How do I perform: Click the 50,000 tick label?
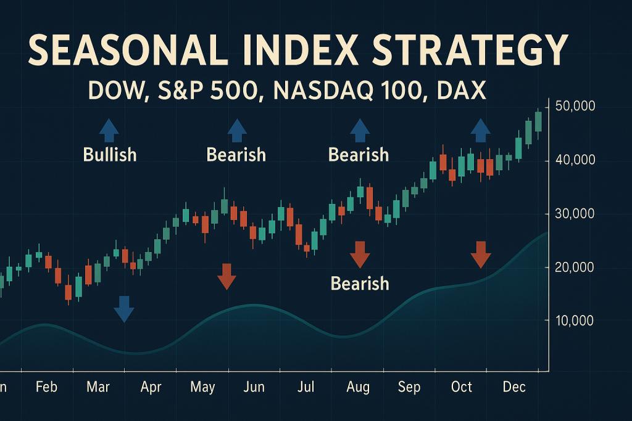[575, 106]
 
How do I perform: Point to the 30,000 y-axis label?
[575, 214]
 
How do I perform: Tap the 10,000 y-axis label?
[575, 321]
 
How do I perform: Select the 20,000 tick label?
[575, 268]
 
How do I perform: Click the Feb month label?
[46, 387]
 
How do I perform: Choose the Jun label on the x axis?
[254, 387]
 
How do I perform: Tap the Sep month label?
[409, 387]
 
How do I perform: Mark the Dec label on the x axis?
[513, 387]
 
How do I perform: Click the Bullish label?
[110, 154]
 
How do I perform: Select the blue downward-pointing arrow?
[124, 309]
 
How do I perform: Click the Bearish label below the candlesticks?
[360, 283]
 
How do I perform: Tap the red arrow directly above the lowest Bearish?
[359, 253]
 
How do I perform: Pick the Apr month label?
[151, 387]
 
